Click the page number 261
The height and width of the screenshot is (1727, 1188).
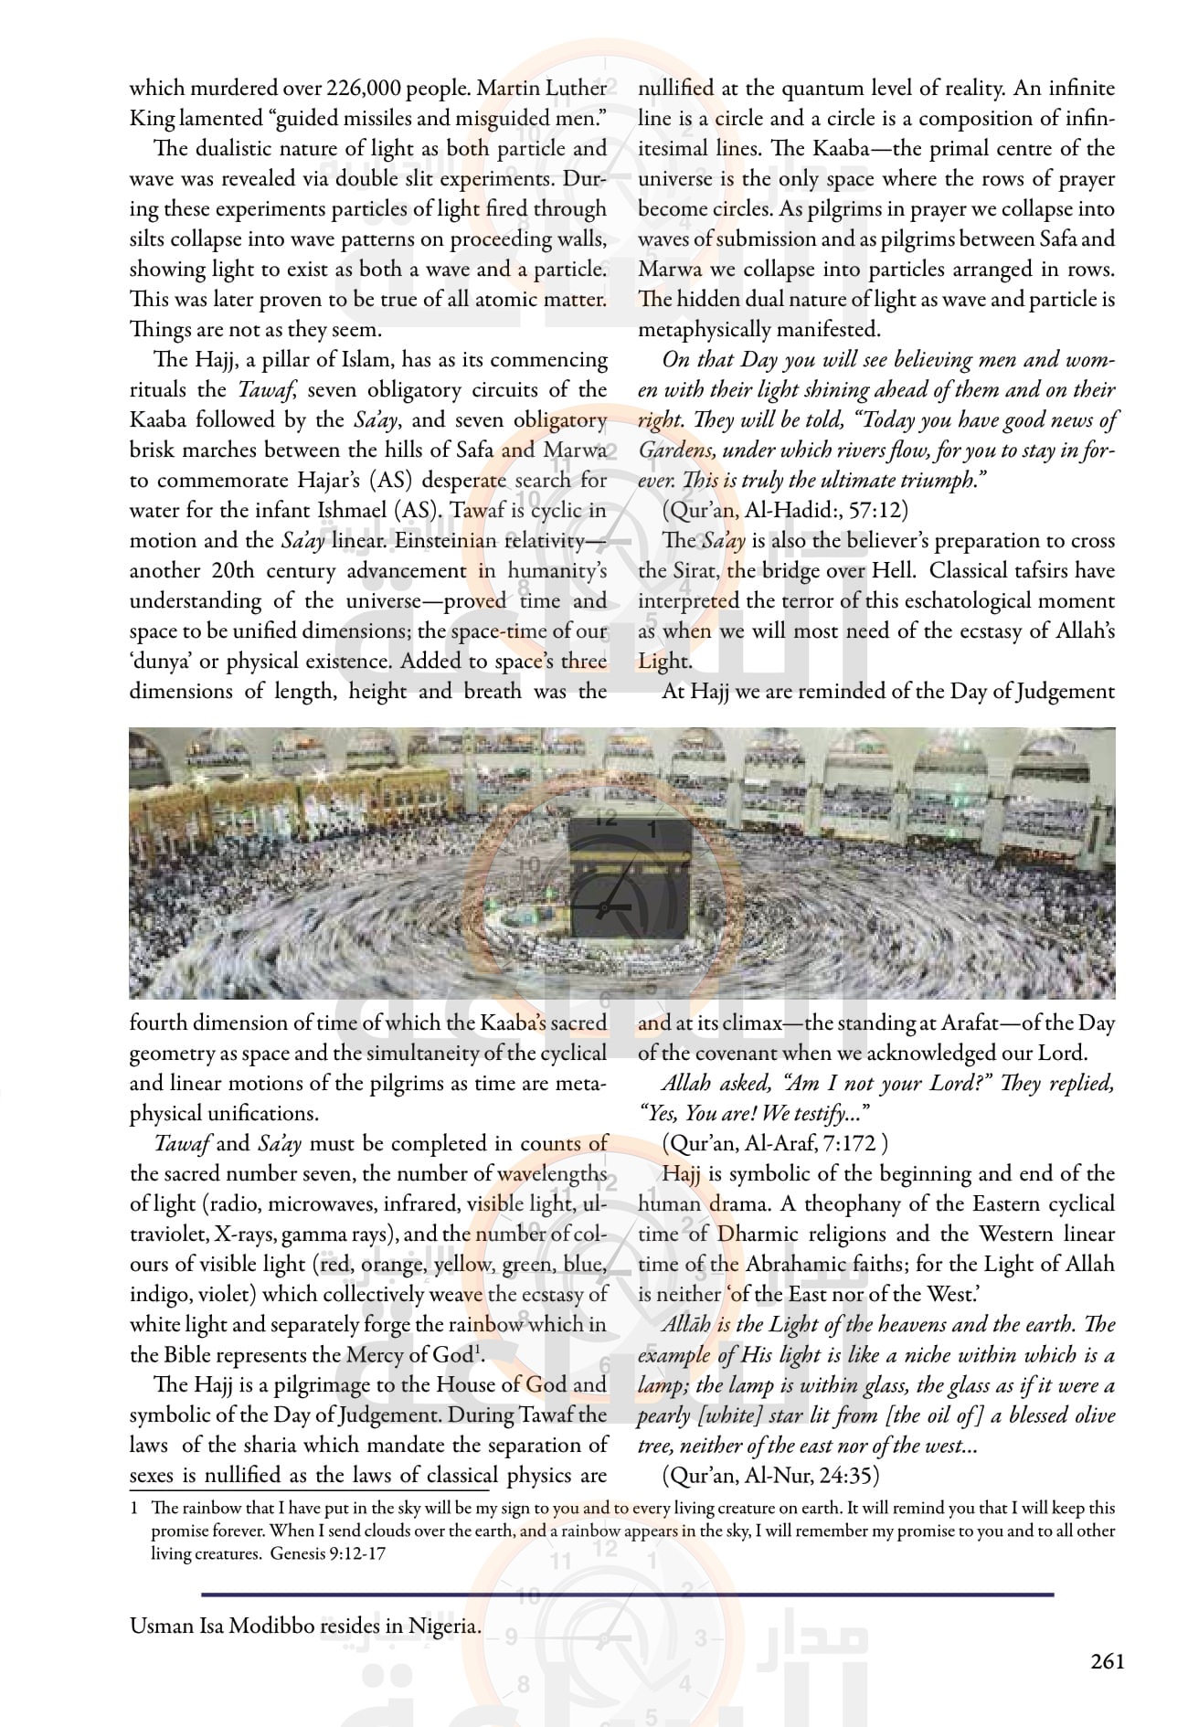tap(1107, 1662)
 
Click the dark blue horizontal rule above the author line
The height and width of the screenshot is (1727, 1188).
tap(627, 1595)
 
